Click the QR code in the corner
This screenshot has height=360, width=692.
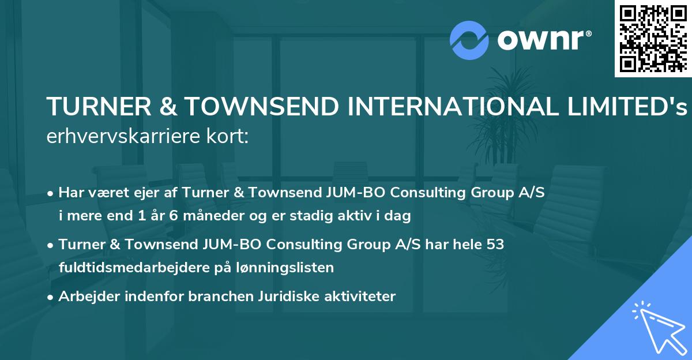tap(653, 38)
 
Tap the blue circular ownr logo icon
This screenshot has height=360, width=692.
tap(469, 40)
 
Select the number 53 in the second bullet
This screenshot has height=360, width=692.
tap(495, 245)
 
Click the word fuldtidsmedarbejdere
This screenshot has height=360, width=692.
tap(138, 267)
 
